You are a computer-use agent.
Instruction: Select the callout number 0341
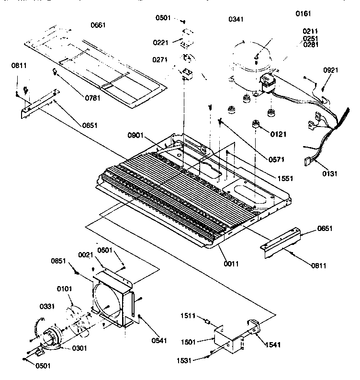[236, 19]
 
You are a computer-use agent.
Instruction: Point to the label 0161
[303, 14]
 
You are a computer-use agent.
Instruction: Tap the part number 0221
[160, 43]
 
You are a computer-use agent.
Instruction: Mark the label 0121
[278, 135]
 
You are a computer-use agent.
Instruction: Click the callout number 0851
[59, 261]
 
